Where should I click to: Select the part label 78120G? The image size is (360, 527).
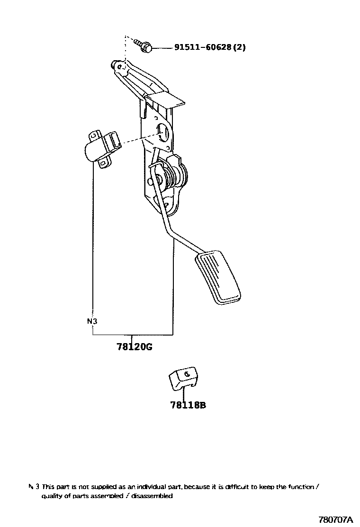(x=134, y=346)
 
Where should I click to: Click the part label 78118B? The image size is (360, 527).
(x=188, y=405)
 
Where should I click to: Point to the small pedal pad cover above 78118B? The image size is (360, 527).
(x=183, y=378)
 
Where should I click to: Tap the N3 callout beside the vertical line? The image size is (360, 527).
(x=92, y=321)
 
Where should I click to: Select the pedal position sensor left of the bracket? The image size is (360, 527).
(x=100, y=148)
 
